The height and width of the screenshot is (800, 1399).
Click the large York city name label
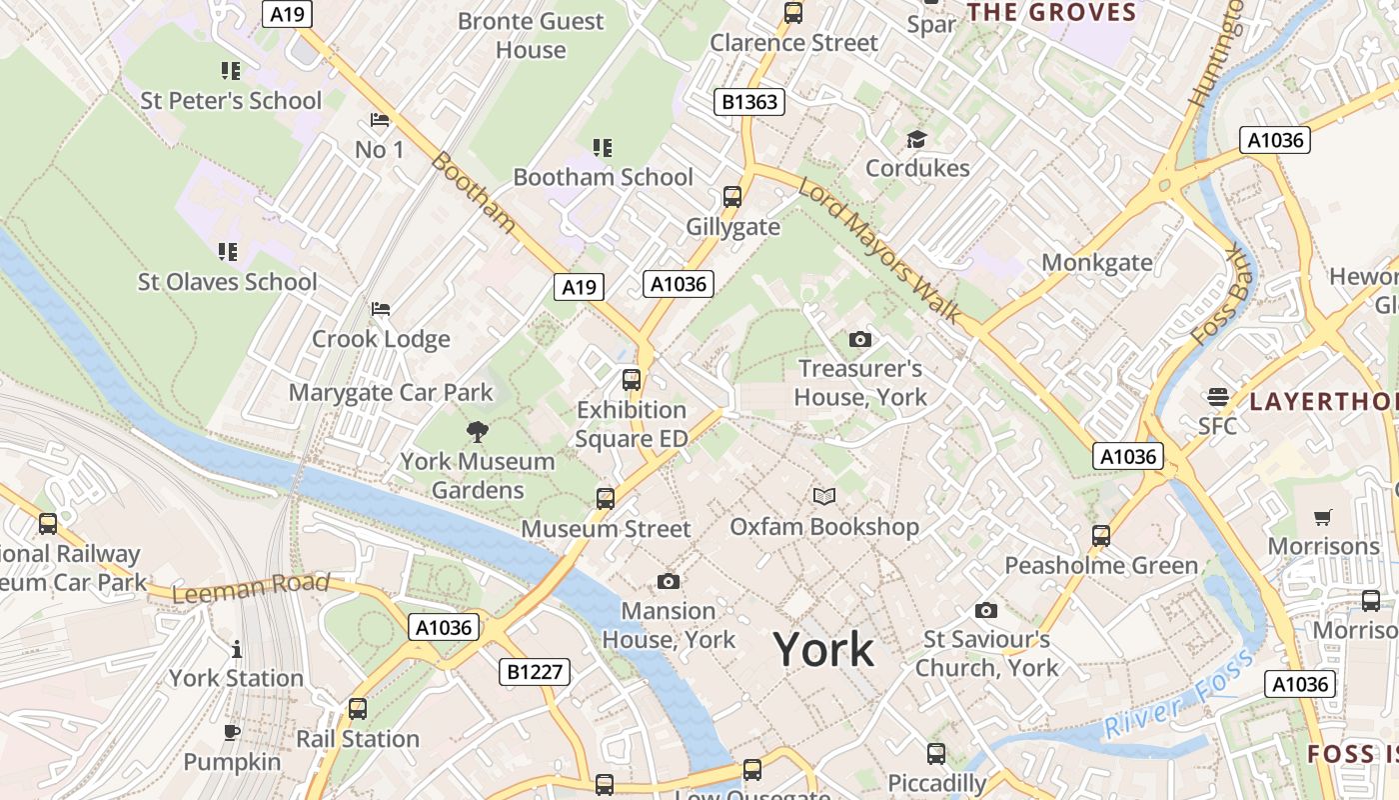(824, 650)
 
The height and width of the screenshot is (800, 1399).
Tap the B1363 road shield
(749, 102)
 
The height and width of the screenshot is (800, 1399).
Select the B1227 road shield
(535, 672)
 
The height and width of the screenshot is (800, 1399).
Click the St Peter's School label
(231, 100)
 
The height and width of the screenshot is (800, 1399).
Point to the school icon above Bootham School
(603, 148)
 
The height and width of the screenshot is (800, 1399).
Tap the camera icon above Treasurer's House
(859, 340)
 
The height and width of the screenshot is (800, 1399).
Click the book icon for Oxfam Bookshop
(824, 496)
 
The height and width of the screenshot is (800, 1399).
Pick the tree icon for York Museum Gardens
(478, 432)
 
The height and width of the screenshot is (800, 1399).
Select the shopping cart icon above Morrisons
(1323, 517)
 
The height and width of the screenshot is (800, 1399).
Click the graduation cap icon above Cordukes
(916, 139)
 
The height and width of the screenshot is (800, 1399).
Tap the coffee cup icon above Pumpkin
(232, 733)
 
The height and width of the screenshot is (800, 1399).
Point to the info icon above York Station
(236, 649)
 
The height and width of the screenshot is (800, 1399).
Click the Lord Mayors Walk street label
(879, 251)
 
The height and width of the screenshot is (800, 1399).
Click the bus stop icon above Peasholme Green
(1101, 536)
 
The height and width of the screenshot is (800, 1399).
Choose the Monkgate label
(1097, 263)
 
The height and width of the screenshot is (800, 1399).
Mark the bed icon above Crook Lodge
(380, 309)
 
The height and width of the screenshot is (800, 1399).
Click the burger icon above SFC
(1217, 397)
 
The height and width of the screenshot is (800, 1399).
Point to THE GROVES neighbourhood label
(1052, 13)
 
